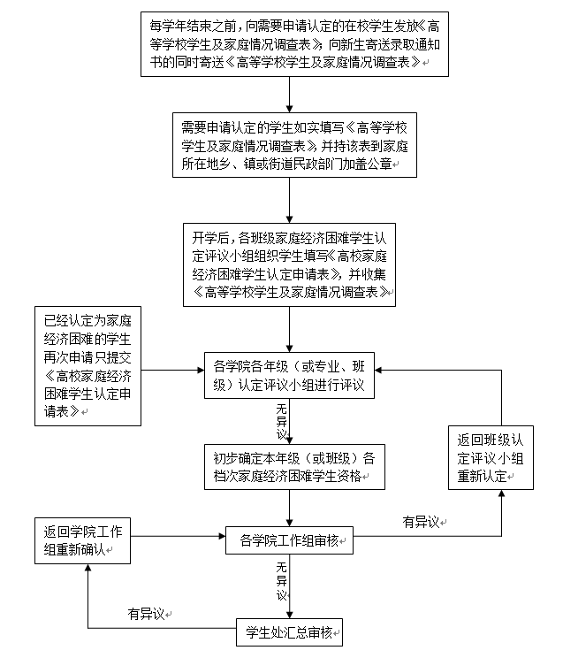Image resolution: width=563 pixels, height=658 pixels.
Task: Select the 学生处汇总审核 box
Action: (x=290, y=633)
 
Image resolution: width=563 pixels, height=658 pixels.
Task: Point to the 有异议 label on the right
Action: (x=422, y=523)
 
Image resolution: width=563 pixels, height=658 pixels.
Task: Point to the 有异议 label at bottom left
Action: (x=148, y=612)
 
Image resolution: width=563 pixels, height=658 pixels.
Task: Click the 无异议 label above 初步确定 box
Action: (x=281, y=422)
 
